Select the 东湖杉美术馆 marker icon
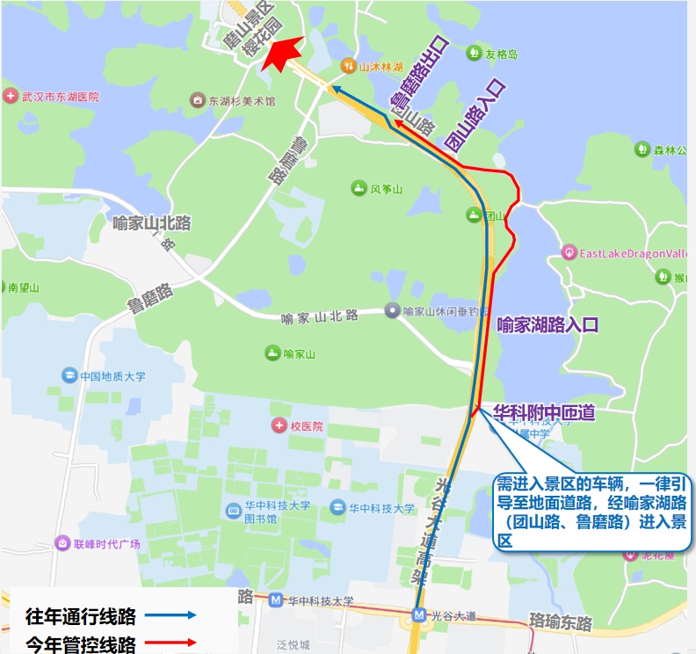(x=198, y=101)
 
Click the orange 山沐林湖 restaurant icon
(x=348, y=66)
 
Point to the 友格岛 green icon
(x=474, y=54)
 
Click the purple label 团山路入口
(x=475, y=116)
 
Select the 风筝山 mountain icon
(x=359, y=188)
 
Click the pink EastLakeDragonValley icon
(x=569, y=253)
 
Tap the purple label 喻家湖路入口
(x=547, y=325)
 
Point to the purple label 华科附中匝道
(x=543, y=411)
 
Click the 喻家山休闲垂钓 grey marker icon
(x=392, y=310)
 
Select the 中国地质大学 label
(x=112, y=376)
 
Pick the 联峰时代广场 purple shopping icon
(x=62, y=543)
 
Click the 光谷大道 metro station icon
(x=420, y=615)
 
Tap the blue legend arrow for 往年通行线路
(x=171, y=615)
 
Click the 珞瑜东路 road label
(x=561, y=622)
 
